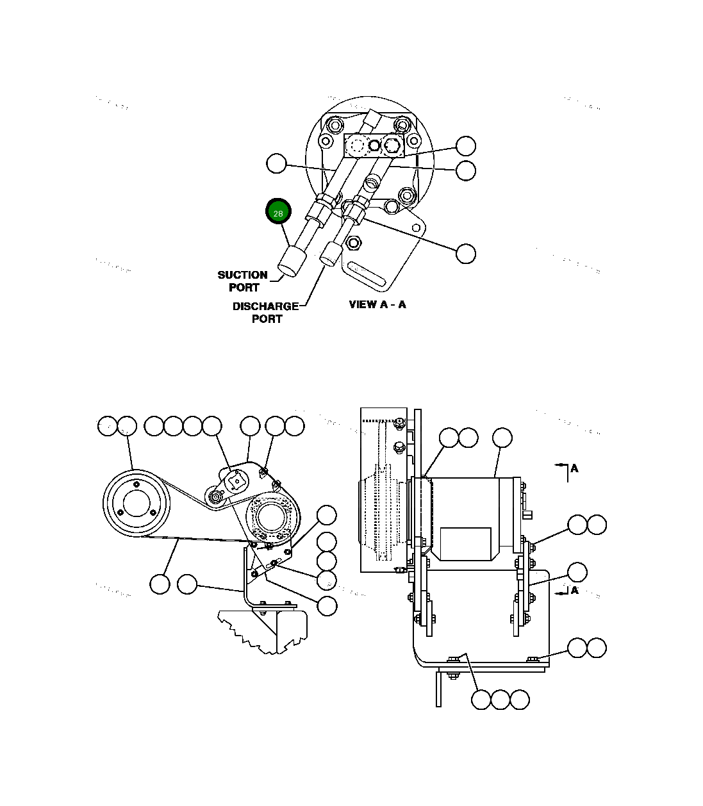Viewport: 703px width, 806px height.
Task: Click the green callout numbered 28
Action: [x=278, y=213]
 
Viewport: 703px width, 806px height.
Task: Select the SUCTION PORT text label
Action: [x=243, y=281]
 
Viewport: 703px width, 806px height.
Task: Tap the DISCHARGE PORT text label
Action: [x=266, y=313]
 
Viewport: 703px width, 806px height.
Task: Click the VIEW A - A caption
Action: [x=377, y=304]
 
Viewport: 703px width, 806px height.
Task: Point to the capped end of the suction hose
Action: [x=290, y=263]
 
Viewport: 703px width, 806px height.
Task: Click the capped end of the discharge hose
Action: [x=329, y=254]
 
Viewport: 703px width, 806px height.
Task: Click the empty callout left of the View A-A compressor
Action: [x=276, y=164]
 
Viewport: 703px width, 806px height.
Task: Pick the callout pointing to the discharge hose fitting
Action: [x=466, y=253]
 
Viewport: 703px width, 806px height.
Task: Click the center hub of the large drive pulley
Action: [x=136, y=504]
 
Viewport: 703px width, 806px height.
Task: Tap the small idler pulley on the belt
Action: [x=216, y=497]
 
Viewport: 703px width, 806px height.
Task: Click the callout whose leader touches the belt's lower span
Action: [x=160, y=584]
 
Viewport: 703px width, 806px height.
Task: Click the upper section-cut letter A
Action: [x=574, y=468]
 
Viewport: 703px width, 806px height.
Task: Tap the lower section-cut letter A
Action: [x=574, y=590]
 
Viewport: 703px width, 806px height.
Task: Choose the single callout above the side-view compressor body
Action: [x=502, y=438]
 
